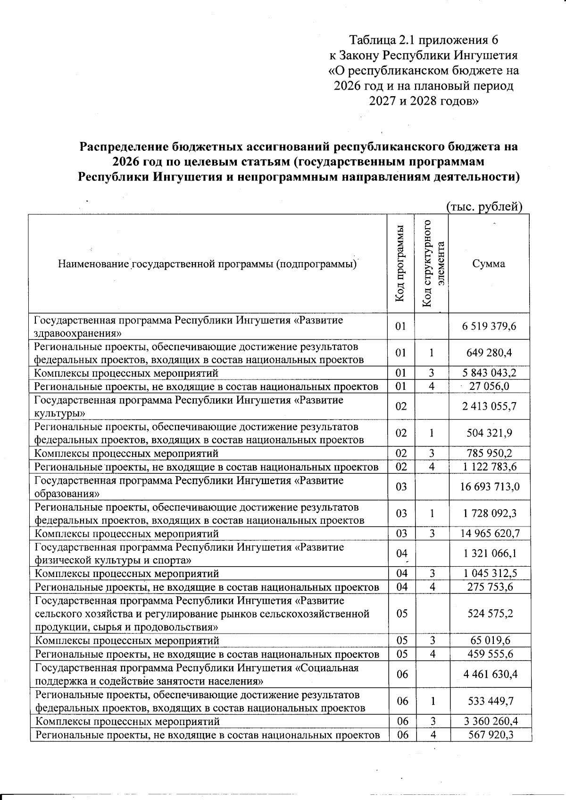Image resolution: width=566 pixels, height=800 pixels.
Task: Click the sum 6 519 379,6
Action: [489, 326]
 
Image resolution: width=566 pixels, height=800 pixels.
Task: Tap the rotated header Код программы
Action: [400, 264]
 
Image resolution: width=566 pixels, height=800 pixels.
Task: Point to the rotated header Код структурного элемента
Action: [433, 264]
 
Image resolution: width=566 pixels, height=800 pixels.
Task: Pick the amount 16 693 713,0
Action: [490, 487]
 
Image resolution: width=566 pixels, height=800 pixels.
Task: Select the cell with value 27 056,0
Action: [490, 387]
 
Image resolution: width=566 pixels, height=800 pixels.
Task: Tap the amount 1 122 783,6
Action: [490, 467]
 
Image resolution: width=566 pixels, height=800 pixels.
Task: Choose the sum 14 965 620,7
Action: [490, 534]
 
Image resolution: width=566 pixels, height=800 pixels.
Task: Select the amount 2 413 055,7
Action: [490, 406]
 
